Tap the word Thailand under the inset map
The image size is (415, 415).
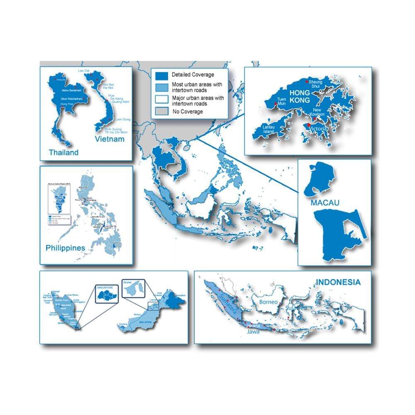tap(63, 152)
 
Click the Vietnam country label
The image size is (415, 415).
tap(109, 139)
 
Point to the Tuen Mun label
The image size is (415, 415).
tap(281, 102)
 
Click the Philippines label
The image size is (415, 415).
tap(65, 248)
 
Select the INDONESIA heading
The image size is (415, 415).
tap(338, 282)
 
